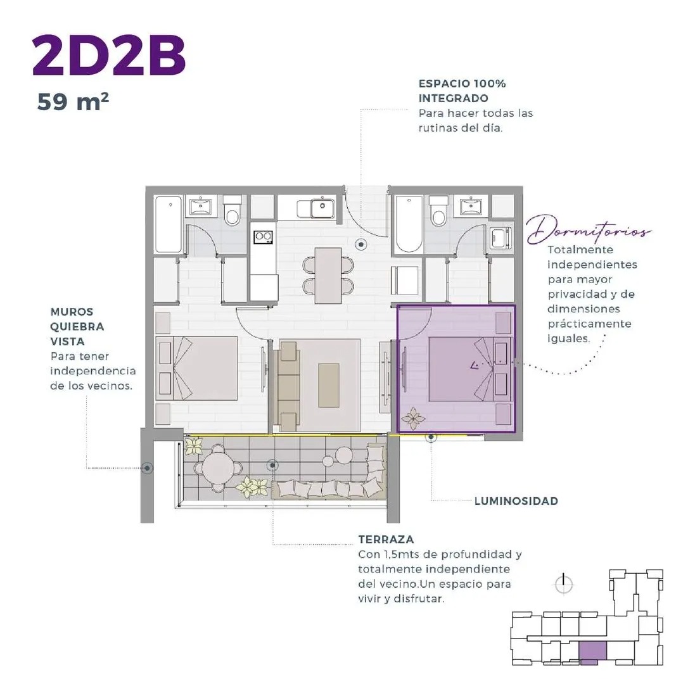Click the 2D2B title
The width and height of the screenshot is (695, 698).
[108, 56]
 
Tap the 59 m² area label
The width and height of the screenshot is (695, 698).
[73, 101]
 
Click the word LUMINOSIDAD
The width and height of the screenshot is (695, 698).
[516, 501]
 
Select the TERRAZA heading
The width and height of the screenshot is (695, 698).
[386, 539]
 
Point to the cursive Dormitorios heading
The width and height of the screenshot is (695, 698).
[588, 230]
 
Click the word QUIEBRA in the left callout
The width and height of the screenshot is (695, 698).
[77, 326]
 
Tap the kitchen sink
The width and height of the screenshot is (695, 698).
[322, 208]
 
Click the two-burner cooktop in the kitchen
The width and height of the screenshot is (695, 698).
[263, 237]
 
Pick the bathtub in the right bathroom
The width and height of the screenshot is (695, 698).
[409, 224]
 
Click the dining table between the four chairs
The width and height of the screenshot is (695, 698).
[328, 276]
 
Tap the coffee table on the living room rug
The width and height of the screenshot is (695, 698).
[329, 385]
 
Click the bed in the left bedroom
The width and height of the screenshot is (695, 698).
[196, 368]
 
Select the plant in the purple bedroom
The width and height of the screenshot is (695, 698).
[412, 419]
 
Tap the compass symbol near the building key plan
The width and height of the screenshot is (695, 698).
[564, 584]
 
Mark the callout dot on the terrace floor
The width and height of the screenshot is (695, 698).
[272, 466]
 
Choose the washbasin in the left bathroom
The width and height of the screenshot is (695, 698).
[201, 206]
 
